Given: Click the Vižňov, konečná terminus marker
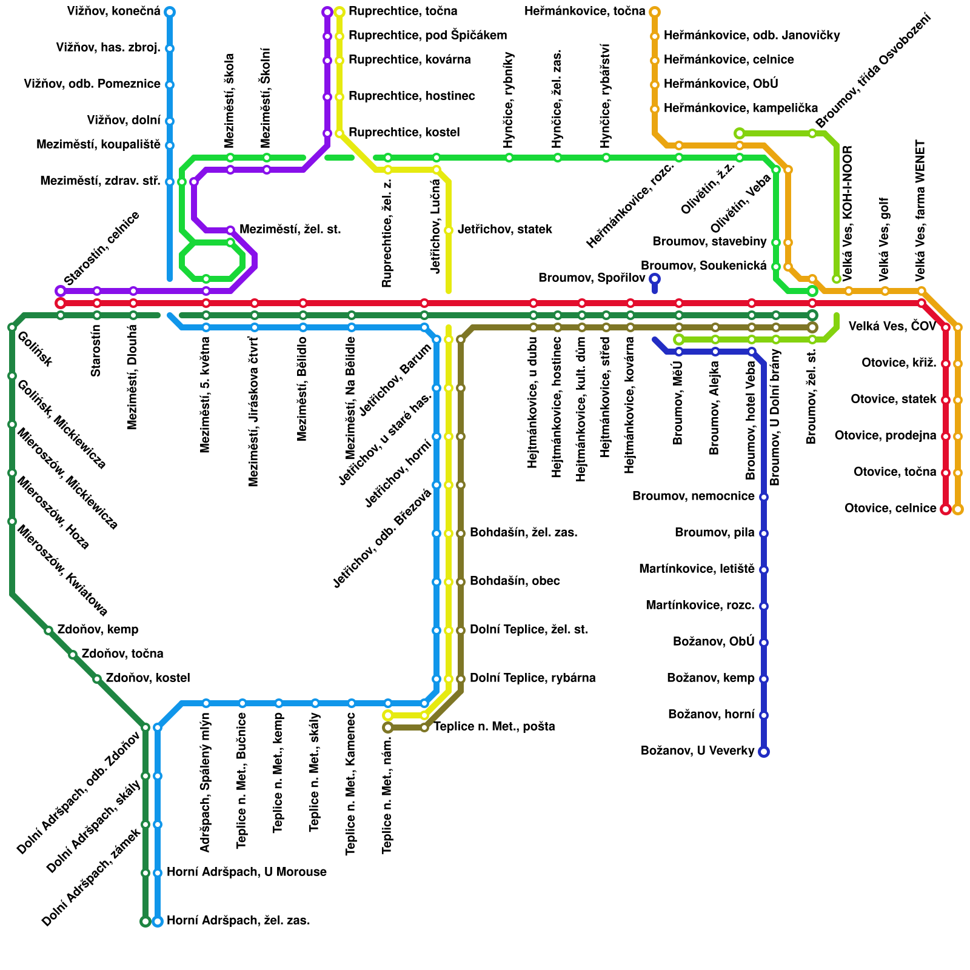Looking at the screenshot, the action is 170,12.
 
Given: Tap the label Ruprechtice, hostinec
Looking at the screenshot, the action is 411,96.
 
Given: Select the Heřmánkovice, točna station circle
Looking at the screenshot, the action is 655,12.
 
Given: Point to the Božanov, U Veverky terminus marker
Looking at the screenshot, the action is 764,752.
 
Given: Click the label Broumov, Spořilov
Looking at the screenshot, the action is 592,278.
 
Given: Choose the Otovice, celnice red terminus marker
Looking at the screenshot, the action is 946,509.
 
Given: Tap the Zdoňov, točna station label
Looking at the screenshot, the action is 122,654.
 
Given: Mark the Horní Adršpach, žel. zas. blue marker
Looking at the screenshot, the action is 158,921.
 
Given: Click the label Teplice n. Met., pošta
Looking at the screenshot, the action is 494,727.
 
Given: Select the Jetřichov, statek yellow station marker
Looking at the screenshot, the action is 449,230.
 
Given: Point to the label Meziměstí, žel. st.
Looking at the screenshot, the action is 290,230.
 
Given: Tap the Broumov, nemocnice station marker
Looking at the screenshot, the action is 764,497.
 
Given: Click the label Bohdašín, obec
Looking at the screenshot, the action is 515,581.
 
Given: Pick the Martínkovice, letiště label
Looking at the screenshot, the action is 697,569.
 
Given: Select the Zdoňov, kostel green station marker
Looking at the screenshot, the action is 97,679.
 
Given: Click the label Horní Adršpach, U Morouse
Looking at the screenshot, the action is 246,872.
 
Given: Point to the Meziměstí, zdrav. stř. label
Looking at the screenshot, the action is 100,181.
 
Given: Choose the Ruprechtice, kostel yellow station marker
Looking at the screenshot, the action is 339,133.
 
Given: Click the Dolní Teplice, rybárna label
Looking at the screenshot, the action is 532,678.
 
